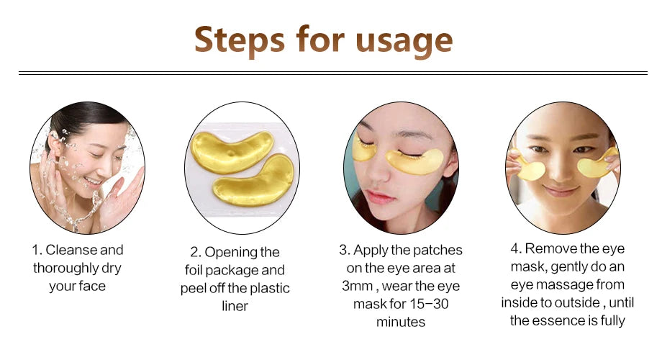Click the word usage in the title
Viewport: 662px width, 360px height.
[x=406, y=41]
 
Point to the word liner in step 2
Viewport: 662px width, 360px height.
[x=235, y=306]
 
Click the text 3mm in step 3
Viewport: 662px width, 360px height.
[x=359, y=286]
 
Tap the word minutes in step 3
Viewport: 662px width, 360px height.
[x=401, y=322]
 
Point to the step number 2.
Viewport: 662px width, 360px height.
[x=195, y=252]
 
